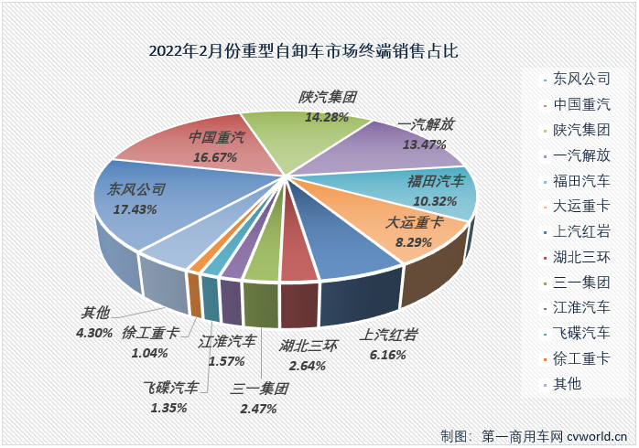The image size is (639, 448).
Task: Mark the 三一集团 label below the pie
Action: click(x=261, y=389)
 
